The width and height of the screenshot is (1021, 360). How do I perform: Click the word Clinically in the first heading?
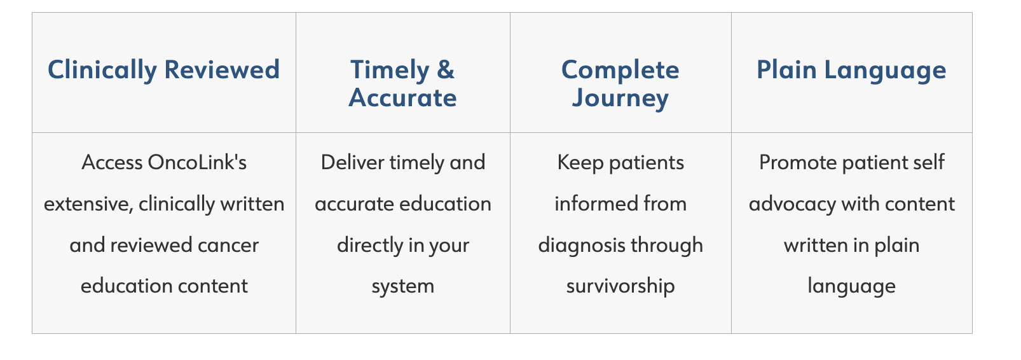click(102, 71)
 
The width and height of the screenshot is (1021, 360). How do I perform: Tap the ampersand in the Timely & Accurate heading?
click(445, 70)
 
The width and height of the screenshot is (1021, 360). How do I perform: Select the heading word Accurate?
click(402, 98)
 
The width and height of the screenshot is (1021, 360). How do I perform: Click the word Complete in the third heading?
click(620, 71)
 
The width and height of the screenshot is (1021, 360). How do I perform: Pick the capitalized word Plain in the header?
click(786, 70)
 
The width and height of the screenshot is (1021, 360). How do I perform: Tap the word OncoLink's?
click(197, 162)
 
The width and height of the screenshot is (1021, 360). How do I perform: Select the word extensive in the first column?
click(88, 204)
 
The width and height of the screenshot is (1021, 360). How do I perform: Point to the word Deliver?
click(352, 162)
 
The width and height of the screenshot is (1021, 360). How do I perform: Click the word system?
click(403, 287)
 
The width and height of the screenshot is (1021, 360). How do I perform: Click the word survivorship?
click(620, 287)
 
